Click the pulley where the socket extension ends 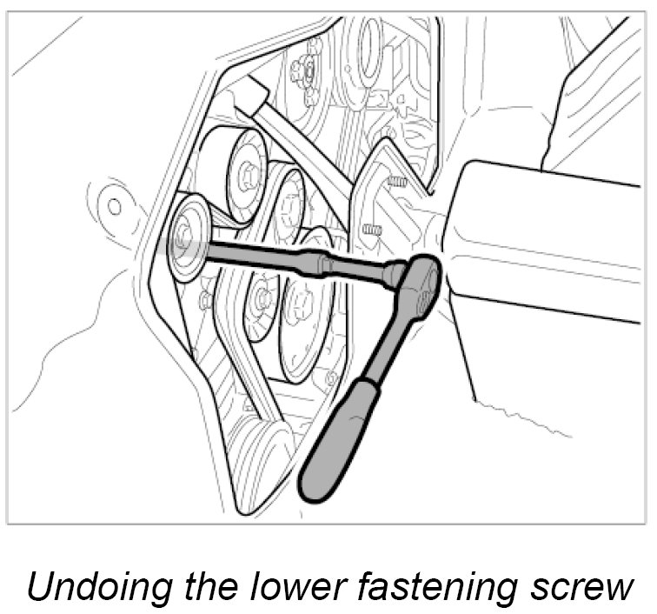[x=186, y=237]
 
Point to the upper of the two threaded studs [x=396, y=184]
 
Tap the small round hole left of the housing [x=114, y=206]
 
